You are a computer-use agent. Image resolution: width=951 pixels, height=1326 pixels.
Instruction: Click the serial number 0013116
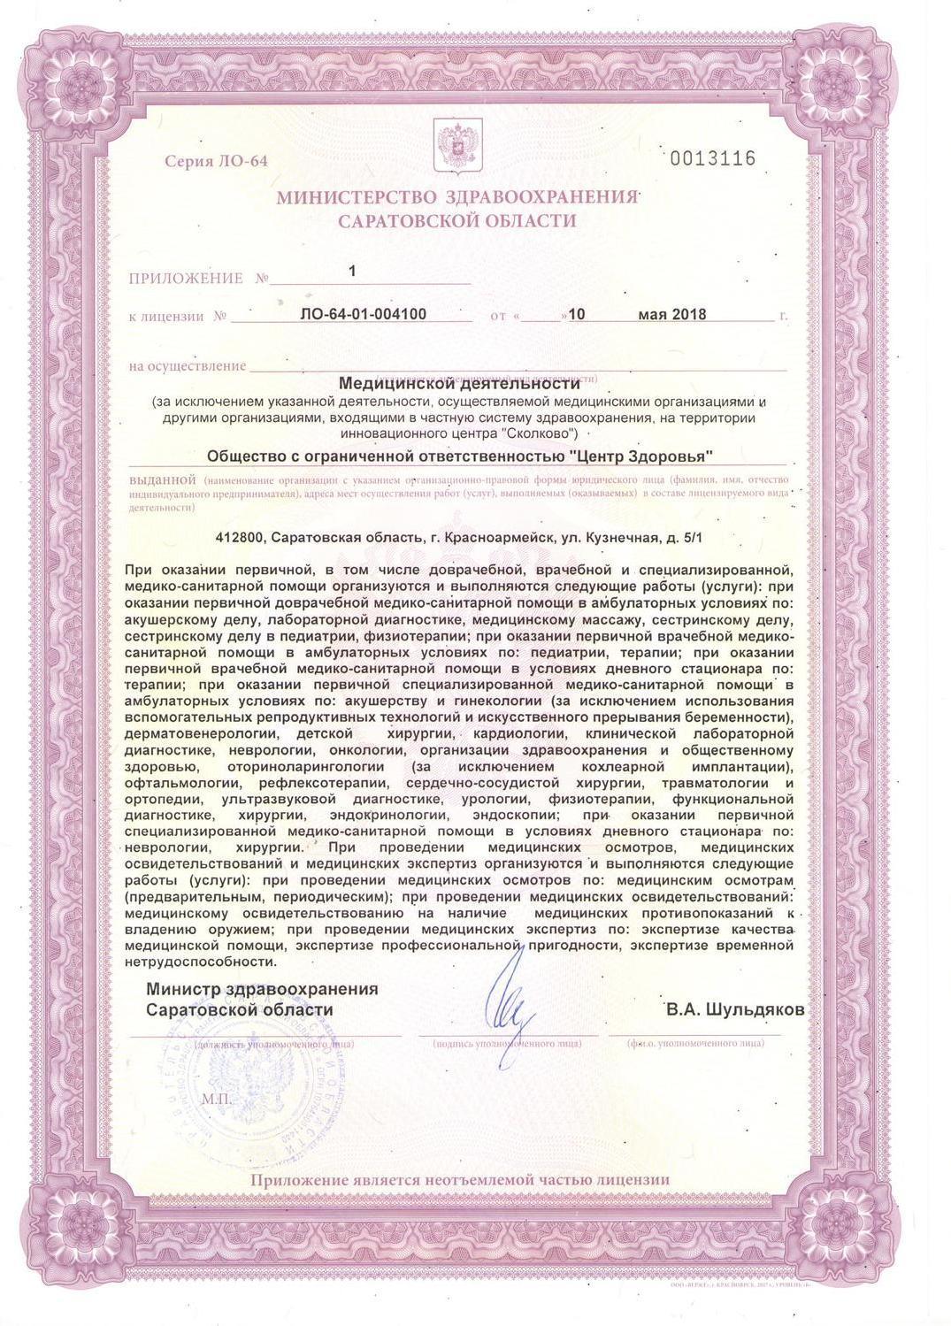[713, 159]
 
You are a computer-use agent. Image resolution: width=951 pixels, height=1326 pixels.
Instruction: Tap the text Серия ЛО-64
[215, 161]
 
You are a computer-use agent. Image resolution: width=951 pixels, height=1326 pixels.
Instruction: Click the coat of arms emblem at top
[456, 147]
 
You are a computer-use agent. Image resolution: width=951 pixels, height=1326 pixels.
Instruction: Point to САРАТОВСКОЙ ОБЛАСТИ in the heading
[456, 221]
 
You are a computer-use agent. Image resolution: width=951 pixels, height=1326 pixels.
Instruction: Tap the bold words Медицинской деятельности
[460, 384]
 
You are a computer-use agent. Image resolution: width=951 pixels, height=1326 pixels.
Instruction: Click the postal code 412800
[241, 537]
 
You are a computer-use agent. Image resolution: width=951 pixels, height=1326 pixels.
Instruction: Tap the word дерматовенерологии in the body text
[199, 734]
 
